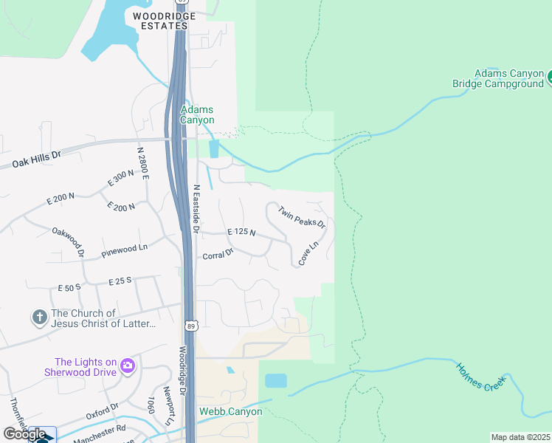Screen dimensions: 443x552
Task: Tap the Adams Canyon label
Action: pyautogui.click(x=197, y=114)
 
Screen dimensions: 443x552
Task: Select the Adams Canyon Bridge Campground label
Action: pyautogui.click(x=497, y=78)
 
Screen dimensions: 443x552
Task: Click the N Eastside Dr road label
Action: pyautogui.click(x=197, y=209)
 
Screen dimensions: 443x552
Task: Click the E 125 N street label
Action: pyautogui.click(x=241, y=232)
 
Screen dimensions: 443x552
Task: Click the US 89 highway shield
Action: pyautogui.click(x=191, y=326)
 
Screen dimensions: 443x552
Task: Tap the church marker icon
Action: pyautogui.click(x=39, y=318)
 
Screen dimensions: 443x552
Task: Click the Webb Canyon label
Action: pyautogui.click(x=230, y=411)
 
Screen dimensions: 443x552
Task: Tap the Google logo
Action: pyautogui.click(x=24, y=433)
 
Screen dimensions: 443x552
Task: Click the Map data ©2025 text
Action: pyautogui.click(x=521, y=437)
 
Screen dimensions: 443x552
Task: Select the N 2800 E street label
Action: pyautogui.click(x=142, y=164)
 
